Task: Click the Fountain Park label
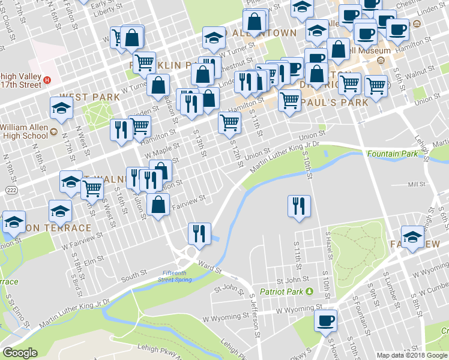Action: (393, 154)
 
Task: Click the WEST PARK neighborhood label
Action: (82, 97)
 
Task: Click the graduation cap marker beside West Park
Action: (62, 109)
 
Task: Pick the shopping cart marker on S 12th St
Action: (229, 123)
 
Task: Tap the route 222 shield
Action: (11, 190)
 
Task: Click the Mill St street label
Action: (416, 185)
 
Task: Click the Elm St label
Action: (91, 260)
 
